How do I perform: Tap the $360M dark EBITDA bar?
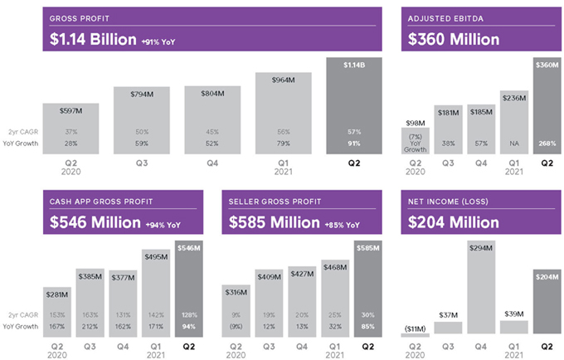point(546,104)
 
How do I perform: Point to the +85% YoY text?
point(342,225)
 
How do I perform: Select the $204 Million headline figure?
point(453,222)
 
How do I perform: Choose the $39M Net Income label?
point(513,314)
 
